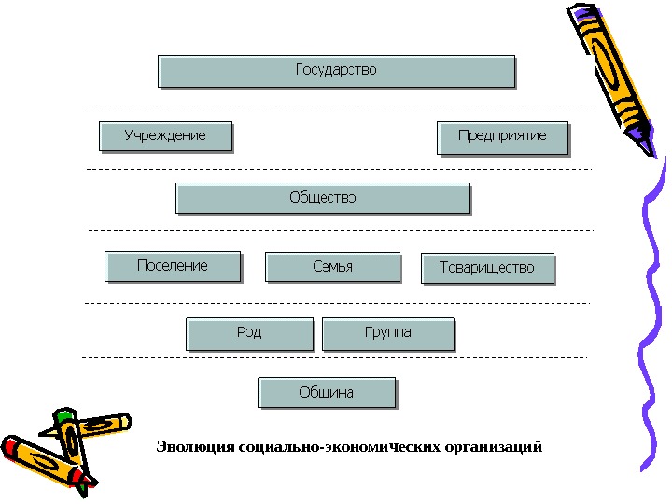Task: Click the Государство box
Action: click(x=336, y=71)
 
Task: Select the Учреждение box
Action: click(x=165, y=137)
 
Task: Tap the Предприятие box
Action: click(x=502, y=137)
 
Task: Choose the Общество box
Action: click(x=323, y=198)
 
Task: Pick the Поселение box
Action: click(x=173, y=266)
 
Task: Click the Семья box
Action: click(x=333, y=267)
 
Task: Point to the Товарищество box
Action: click(x=487, y=268)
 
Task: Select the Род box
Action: click(x=249, y=333)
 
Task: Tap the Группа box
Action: click(x=387, y=333)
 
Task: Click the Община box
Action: click(x=327, y=393)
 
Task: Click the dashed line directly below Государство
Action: click(x=336, y=105)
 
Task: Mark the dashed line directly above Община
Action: click(x=336, y=357)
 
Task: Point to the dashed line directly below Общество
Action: click(x=336, y=230)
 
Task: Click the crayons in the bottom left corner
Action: click(x=61, y=448)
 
